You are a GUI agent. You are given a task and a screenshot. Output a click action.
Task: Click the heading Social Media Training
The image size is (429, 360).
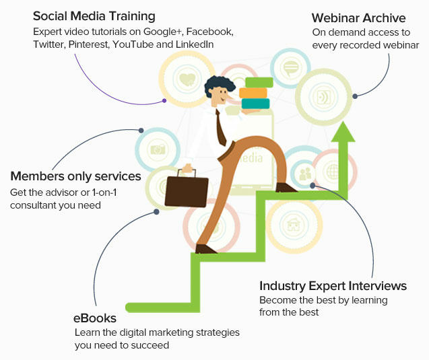pyautogui.click(x=94, y=15)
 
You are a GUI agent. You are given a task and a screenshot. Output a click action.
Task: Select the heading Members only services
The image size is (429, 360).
pyautogui.click(x=75, y=176)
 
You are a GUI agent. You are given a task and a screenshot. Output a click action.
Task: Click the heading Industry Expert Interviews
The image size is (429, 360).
pyautogui.click(x=333, y=286)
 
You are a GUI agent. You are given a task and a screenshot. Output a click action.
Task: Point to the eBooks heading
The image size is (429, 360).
pyautogui.click(x=94, y=318)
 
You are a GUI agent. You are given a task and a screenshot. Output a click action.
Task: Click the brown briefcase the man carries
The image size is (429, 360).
pyautogui.click(x=186, y=190)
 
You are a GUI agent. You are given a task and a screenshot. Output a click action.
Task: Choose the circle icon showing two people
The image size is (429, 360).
pyautogui.click(x=307, y=174)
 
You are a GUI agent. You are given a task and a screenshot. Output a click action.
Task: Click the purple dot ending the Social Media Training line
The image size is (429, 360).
pyautogui.click(x=164, y=101)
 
